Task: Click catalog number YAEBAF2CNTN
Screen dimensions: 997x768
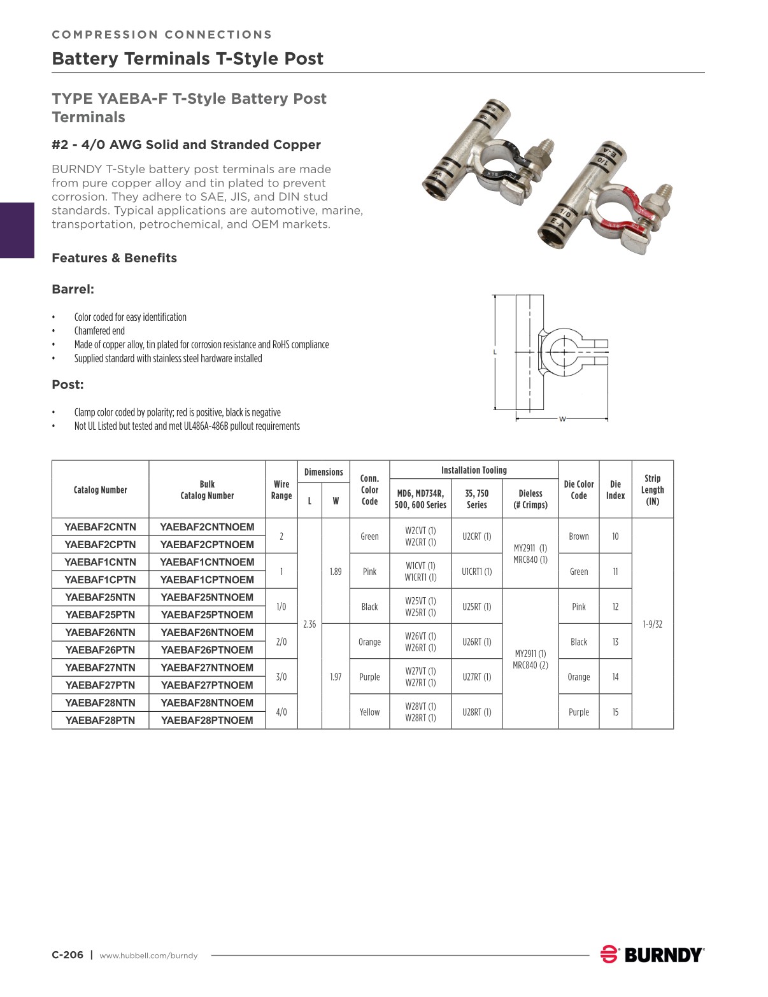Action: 100,527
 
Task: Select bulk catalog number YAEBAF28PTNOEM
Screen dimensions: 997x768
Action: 207,720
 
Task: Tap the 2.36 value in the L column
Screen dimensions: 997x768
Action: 309,625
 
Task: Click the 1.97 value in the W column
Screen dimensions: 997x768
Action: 336,677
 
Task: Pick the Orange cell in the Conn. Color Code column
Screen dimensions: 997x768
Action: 369,642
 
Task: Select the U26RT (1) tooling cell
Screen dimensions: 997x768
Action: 476,642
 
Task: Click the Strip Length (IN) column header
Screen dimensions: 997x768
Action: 652,490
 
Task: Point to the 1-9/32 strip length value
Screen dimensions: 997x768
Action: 652,625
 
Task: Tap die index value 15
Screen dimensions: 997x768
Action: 615,712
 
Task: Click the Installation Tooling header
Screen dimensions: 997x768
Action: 474,470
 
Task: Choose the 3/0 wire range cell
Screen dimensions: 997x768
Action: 281,677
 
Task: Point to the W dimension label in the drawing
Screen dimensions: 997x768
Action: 562,419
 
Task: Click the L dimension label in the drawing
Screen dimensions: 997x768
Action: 495,352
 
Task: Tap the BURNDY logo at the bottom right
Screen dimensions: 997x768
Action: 652,954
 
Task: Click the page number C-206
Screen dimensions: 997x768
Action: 68,955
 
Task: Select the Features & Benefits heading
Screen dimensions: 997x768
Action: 114,258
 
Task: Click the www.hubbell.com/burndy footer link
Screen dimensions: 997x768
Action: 148,956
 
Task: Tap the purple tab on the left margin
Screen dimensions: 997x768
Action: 17,230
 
